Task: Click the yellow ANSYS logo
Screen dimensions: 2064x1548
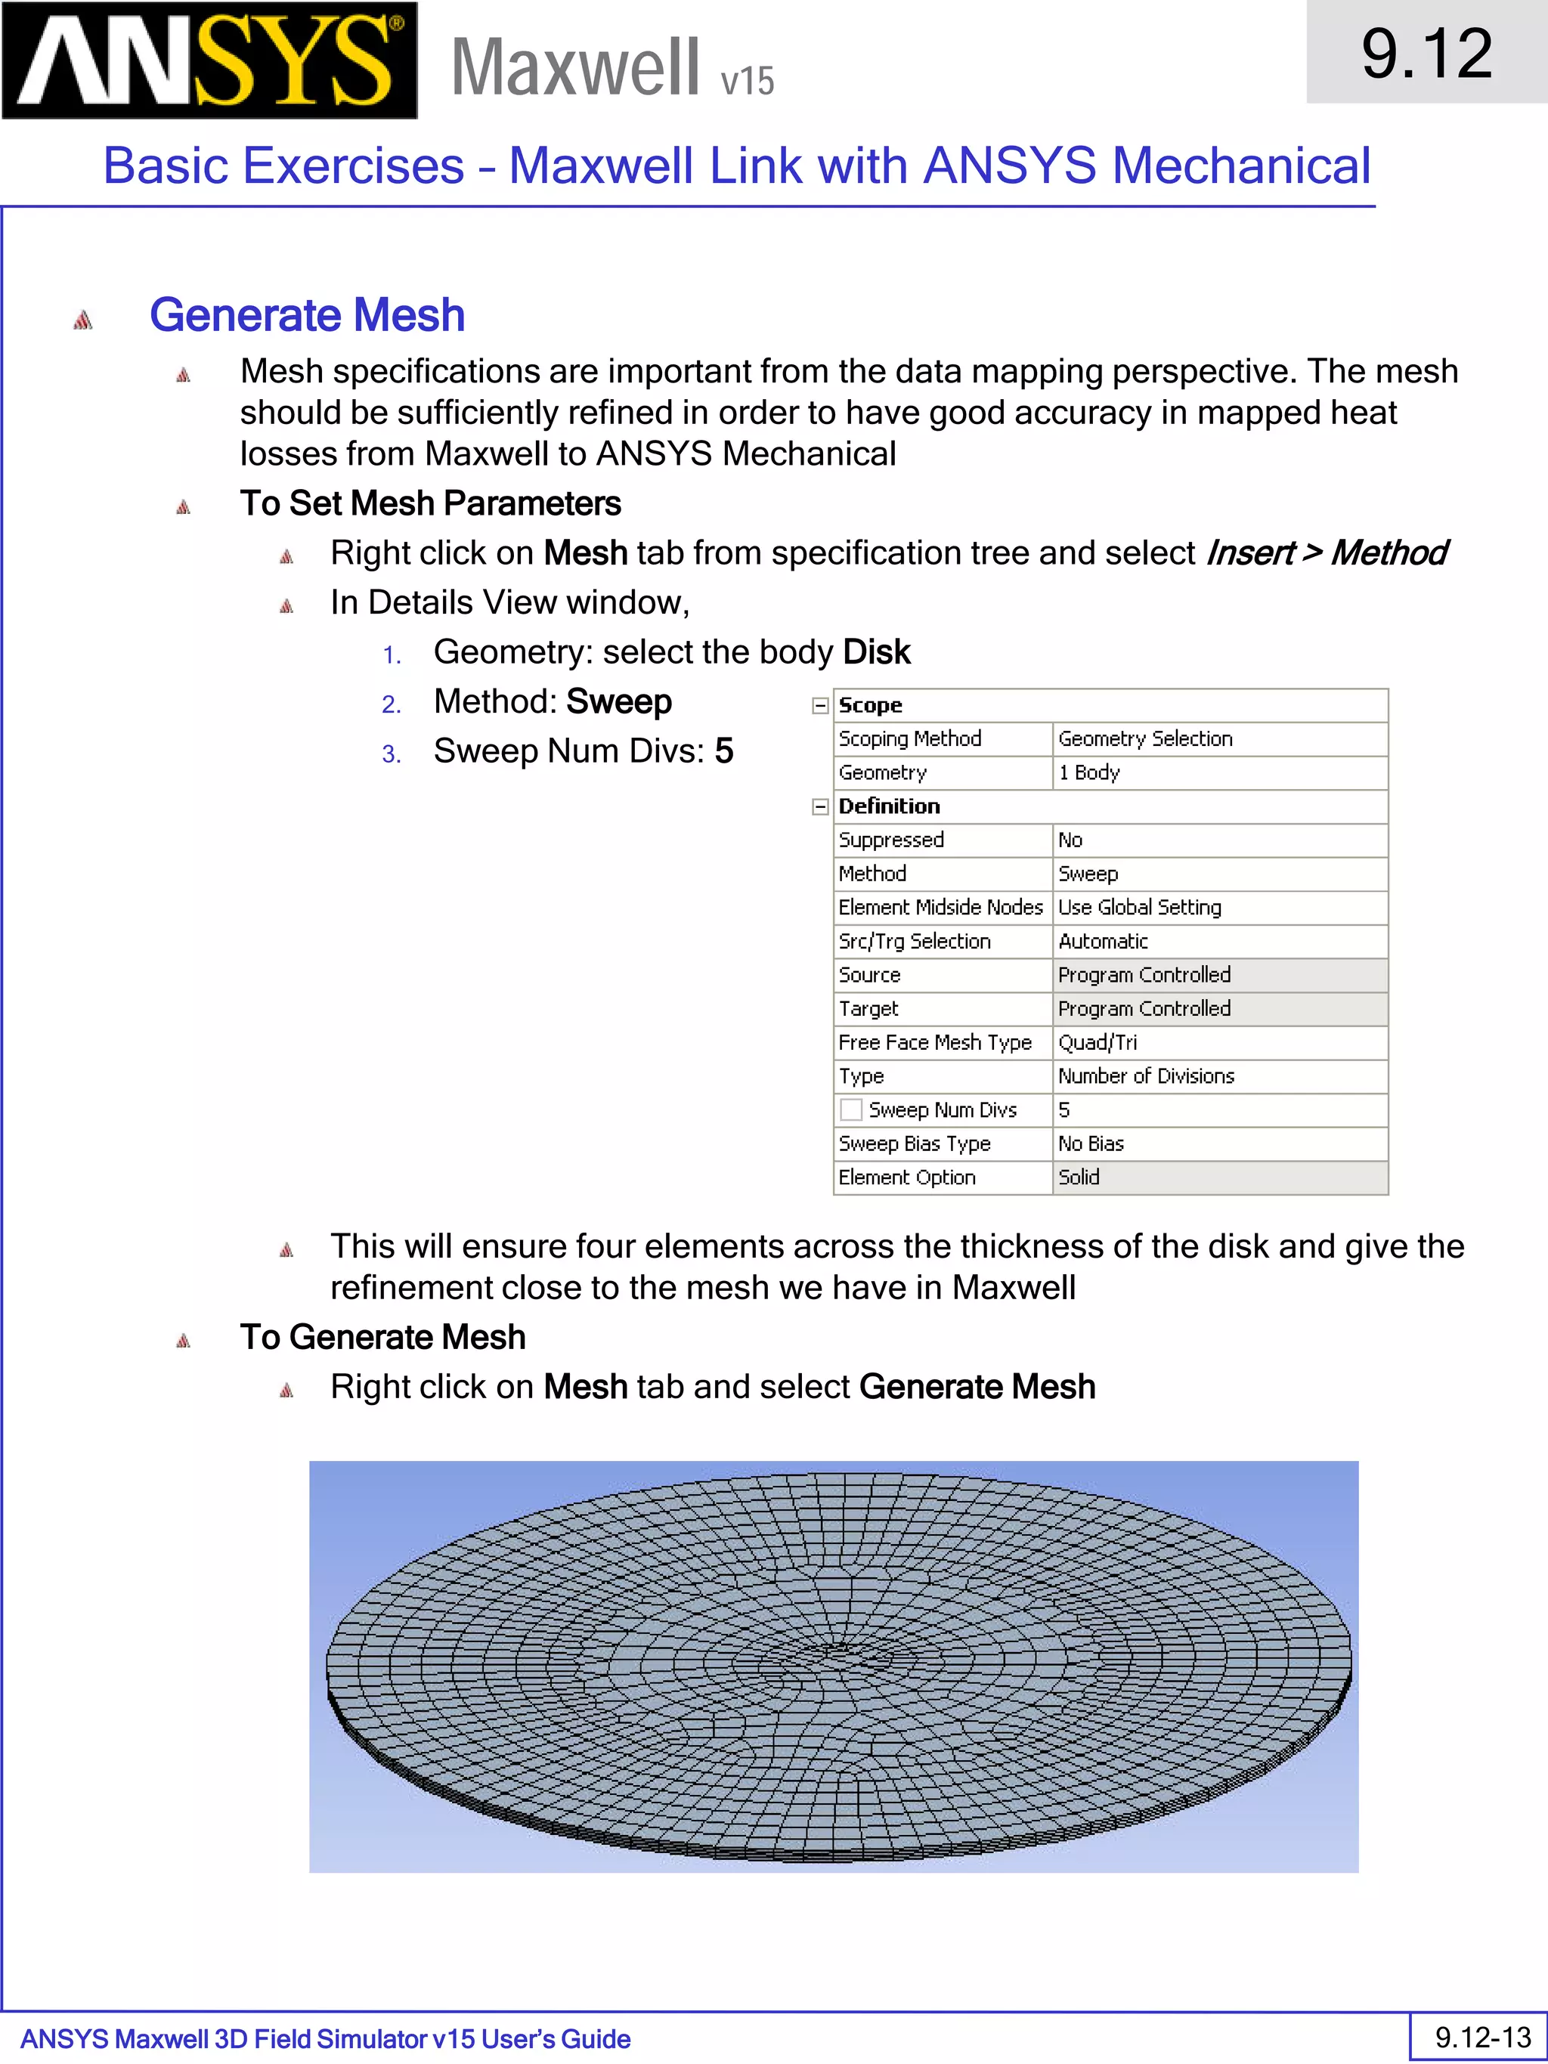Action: [209, 60]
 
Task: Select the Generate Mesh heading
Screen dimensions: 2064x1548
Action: [307, 315]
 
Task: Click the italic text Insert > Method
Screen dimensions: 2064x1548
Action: [1325, 553]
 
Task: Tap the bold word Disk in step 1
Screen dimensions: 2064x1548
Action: [876, 652]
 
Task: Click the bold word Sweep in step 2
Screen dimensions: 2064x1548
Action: [618, 701]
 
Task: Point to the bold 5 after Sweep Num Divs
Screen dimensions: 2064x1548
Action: [724, 751]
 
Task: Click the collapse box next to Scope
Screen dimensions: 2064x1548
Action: [820, 705]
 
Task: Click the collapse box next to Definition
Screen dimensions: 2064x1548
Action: [820, 806]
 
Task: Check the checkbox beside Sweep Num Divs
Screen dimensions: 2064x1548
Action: [850, 1109]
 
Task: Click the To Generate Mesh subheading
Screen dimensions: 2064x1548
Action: [382, 1337]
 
